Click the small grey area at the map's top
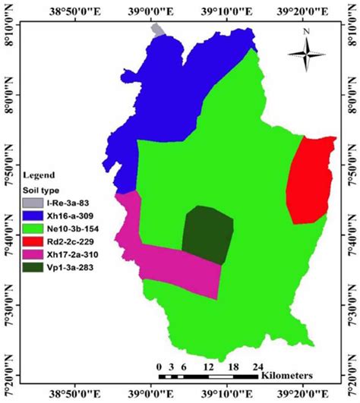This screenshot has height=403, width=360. point(158,30)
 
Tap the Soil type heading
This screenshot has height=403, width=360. point(43,190)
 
